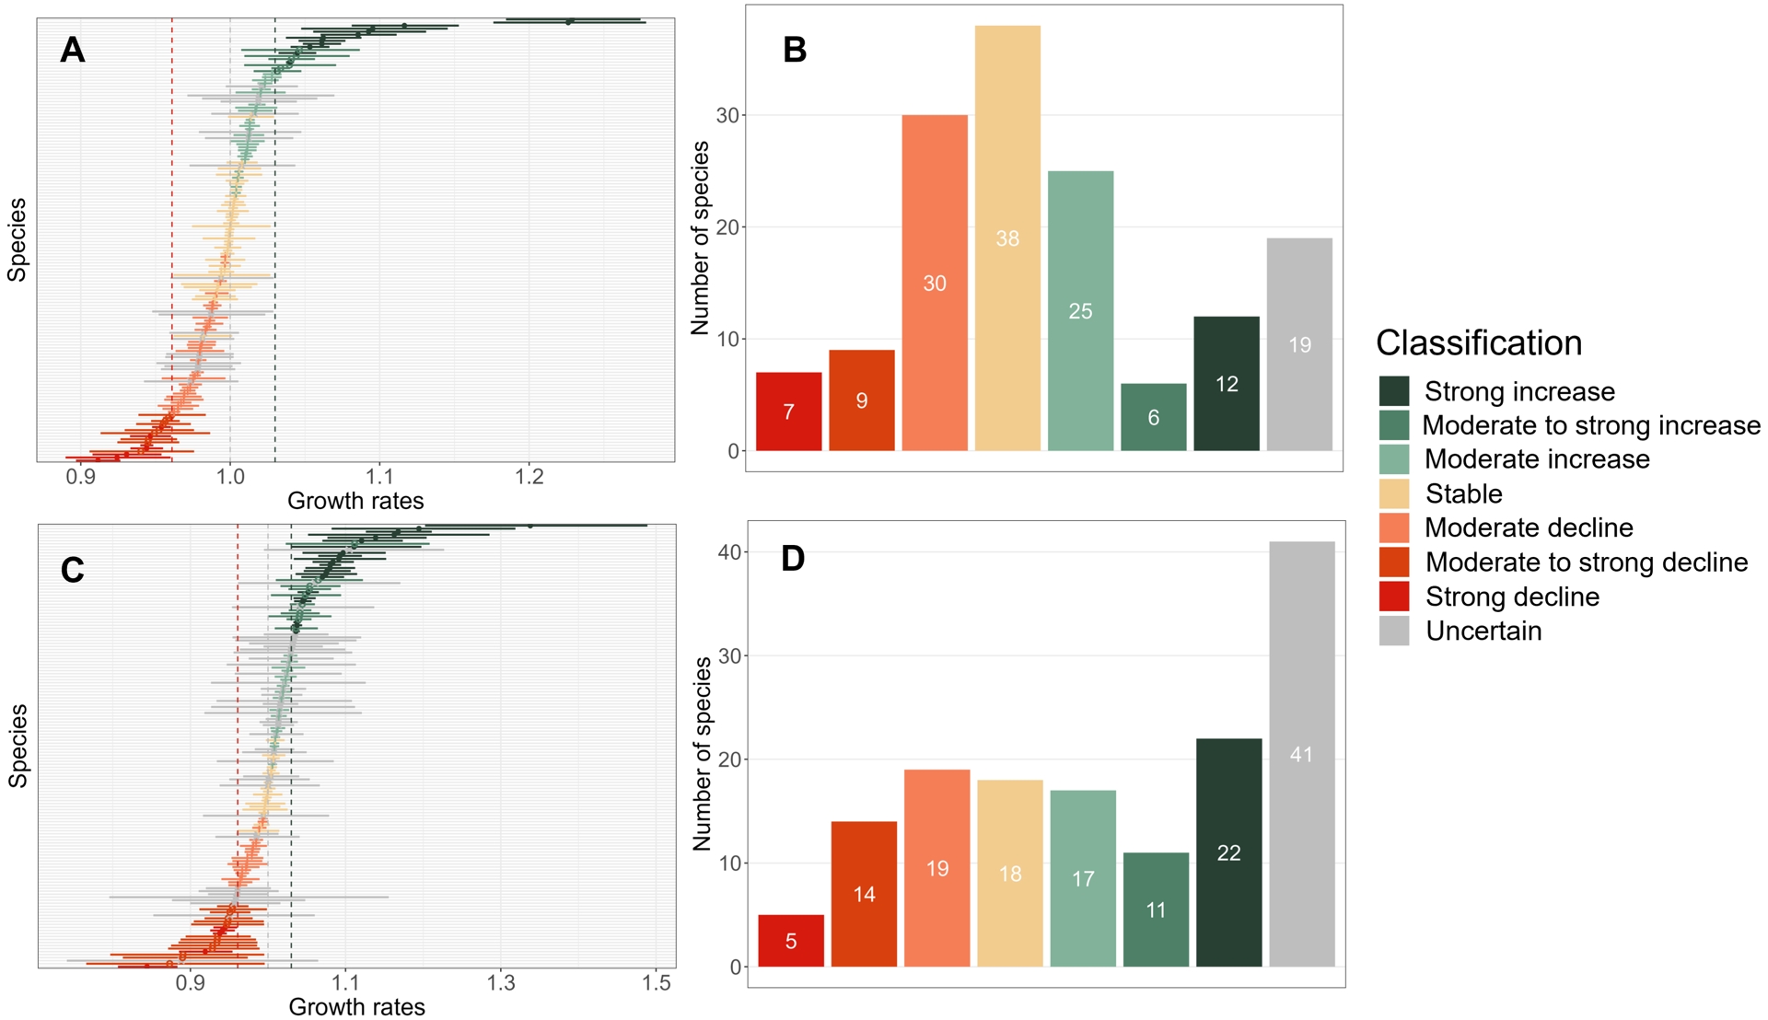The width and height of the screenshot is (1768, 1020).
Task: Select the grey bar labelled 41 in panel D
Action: (1301, 754)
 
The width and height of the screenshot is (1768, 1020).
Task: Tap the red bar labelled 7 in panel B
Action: (788, 411)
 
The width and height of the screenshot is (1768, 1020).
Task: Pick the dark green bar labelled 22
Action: (1228, 852)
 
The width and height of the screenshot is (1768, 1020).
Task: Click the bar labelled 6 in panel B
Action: (1153, 417)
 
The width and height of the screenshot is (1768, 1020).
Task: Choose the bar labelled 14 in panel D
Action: (864, 894)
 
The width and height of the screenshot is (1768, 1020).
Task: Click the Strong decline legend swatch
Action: (1394, 597)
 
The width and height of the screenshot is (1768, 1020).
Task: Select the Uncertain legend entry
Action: (1483, 631)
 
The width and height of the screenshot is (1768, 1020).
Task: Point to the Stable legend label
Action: (1463, 494)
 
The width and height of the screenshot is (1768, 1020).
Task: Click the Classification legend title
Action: (1478, 342)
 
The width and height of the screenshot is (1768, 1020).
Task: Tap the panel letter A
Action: (72, 50)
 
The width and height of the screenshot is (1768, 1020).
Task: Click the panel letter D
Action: (793, 558)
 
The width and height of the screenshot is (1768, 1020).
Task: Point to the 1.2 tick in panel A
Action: (529, 477)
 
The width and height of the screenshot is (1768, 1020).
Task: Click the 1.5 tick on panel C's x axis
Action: (656, 983)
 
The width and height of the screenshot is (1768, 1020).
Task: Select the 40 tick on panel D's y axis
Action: (729, 552)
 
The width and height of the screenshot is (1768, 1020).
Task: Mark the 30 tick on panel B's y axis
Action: (727, 115)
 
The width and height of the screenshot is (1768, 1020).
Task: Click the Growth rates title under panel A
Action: (355, 501)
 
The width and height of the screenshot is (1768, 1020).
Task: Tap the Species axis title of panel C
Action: (17, 746)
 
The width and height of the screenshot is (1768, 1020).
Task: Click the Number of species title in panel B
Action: (700, 238)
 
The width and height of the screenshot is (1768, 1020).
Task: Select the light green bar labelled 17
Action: (1083, 878)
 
